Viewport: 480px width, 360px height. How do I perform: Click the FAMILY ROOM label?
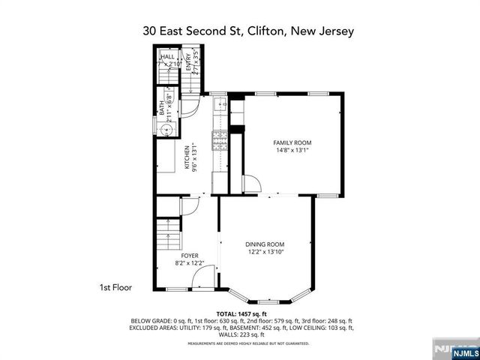(292, 142)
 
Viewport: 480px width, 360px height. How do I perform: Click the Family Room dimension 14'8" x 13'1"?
(292, 151)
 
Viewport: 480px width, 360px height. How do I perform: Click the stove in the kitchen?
(220, 139)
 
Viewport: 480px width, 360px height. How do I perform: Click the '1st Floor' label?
(116, 287)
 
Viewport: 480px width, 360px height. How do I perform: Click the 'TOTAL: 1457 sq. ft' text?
(241, 313)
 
